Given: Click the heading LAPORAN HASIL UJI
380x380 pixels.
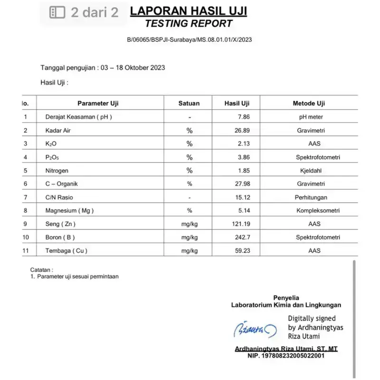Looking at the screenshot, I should [x=189, y=11].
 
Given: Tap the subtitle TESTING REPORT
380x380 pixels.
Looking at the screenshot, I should [x=189, y=23].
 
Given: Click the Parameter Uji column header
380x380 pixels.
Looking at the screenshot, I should [x=98, y=103].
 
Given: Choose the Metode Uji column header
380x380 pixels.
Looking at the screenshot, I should [x=308, y=103].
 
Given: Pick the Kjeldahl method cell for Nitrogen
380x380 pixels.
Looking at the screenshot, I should [x=308, y=170].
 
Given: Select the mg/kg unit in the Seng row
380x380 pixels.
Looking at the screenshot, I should [x=189, y=224].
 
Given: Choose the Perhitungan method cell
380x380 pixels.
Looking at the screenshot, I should [x=308, y=197].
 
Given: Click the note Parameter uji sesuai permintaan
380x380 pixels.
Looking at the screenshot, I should [x=77, y=276].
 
